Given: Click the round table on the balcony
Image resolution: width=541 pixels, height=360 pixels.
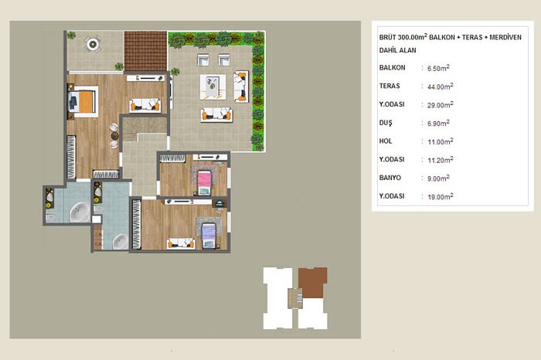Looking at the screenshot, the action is [x=93, y=44].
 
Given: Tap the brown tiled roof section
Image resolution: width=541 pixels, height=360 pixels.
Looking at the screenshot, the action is [x=145, y=51].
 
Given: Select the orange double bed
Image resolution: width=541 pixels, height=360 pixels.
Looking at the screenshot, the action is [x=83, y=101].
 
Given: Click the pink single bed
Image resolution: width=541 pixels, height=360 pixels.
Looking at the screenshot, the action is [x=204, y=183].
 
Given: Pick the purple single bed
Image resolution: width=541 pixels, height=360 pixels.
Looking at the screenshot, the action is [x=209, y=236].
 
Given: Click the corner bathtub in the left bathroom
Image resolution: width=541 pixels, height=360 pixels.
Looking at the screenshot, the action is [x=80, y=212].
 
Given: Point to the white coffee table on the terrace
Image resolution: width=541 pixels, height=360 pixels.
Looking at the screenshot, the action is [x=213, y=87].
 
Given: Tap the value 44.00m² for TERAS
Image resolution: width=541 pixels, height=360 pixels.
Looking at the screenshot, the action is [x=441, y=87].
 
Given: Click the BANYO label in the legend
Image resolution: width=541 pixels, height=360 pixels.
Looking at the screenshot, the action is [x=390, y=178].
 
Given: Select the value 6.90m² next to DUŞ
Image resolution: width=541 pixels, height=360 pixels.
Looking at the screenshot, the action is [x=438, y=123].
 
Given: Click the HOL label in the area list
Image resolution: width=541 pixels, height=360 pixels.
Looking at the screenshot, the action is [x=386, y=141].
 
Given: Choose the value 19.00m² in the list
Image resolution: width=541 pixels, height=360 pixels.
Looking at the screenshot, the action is [x=441, y=196].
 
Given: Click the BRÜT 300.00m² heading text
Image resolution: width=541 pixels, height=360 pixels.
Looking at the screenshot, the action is [x=403, y=37].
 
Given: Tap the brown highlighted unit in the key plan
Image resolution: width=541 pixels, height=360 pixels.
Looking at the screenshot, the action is [x=312, y=282].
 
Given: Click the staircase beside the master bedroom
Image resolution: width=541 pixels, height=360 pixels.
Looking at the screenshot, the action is [x=145, y=129].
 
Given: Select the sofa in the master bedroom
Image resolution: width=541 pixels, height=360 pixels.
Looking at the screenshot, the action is [x=145, y=105].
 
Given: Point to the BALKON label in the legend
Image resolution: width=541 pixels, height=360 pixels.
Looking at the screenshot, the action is [x=392, y=67].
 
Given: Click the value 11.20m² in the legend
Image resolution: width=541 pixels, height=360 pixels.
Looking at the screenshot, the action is [x=441, y=160].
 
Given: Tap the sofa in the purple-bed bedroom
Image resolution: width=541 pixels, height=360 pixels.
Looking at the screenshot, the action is [x=181, y=243].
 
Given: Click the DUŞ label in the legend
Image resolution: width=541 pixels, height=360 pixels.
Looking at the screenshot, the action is [x=386, y=123].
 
